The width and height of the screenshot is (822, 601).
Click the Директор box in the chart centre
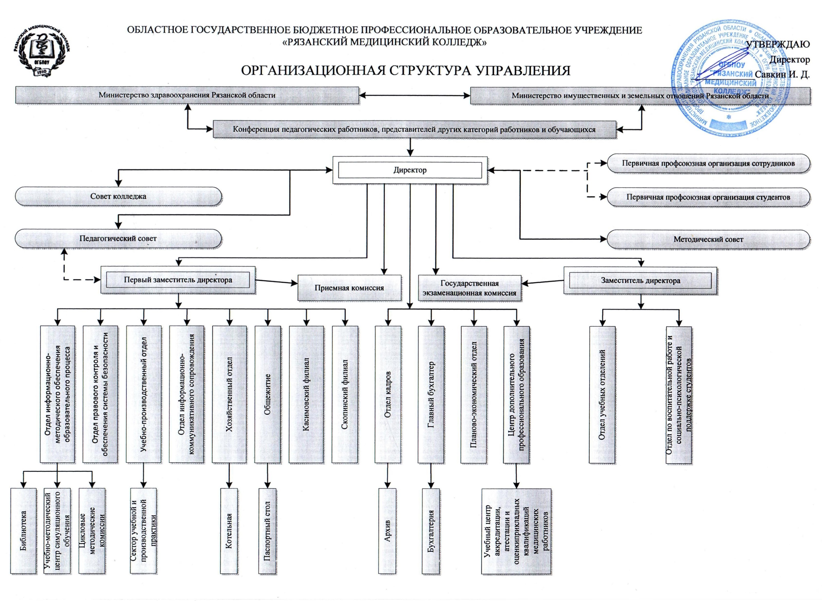(410, 170)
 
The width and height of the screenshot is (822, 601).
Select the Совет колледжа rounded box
(118, 196)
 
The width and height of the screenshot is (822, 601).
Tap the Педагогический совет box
(118, 239)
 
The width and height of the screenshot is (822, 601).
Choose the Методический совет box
(708, 239)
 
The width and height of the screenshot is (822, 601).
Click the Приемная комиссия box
(349, 288)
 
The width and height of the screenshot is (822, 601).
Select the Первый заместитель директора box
(178, 280)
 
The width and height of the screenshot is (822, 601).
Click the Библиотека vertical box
(24, 531)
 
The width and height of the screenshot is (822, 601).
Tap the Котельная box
(229, 531)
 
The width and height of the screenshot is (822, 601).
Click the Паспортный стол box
(267, 531)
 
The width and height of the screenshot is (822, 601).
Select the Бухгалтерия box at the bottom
(431, 531)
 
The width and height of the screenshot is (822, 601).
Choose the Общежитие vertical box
(267, 395)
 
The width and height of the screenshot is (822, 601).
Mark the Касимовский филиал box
(306, 395)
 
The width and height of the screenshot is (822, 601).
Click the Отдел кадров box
(388, 395)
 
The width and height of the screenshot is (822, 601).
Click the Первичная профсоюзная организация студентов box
(708, 197)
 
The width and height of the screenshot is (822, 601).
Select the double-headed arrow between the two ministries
(414, 95)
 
